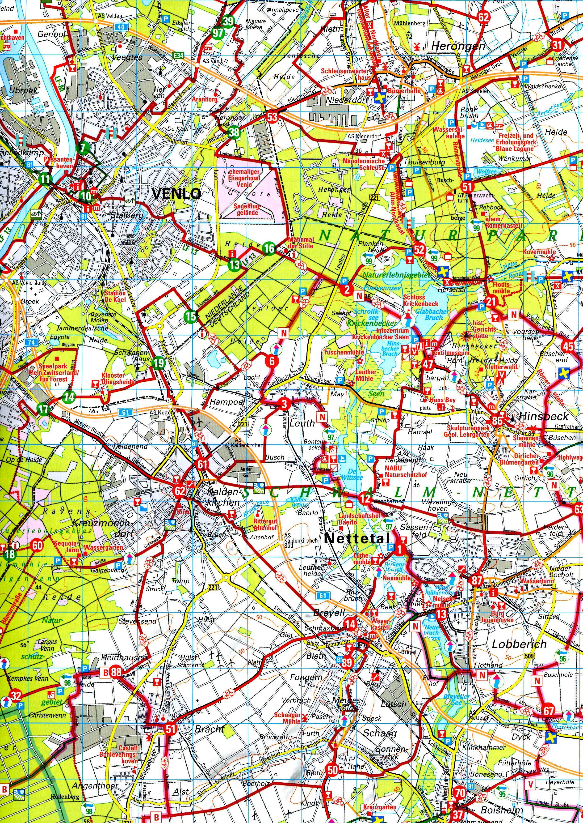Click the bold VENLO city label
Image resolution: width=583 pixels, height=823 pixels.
(x=176, y=194)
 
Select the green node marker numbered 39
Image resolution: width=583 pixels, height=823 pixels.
(x=228, y=21)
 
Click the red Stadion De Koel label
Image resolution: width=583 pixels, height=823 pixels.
(x=115, y=296)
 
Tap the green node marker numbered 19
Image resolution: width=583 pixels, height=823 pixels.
(x=158, y=363)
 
